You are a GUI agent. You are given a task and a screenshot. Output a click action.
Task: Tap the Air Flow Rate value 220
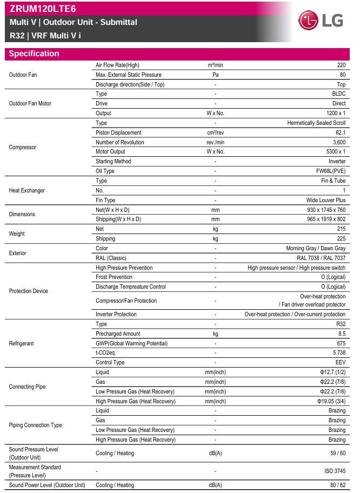pyautogui.click(x=341, y=65)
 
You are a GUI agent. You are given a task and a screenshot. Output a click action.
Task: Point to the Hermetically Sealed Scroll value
pyautogui.click(x=316, y=123)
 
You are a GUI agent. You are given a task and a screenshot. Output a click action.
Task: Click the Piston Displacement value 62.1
pyautogui.click(x=340, y=133)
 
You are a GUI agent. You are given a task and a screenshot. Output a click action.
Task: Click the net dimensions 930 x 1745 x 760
pyautogui.click(x=322, y=210)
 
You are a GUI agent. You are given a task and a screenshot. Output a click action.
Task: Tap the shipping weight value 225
pyautogui.click(x=341, y=239)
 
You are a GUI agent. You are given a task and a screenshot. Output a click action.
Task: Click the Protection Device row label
pyautogui.click(x=29, y=291)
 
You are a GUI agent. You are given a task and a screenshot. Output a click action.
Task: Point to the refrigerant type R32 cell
pyautogui.click(x=340, y=324)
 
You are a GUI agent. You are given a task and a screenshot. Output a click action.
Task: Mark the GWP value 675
pyautogui.click(x=341, y=344)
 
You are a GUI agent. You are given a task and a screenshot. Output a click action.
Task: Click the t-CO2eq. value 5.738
pyautogui.click(x=338, y=353)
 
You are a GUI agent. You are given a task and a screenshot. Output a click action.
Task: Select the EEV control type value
pyautogui.click(x=339, y=363)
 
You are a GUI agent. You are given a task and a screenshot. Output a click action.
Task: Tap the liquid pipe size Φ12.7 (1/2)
pyautogui.click(x=332, y=372)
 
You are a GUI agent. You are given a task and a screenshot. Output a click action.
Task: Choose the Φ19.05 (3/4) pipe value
pyautogui.click(x=331, y=402)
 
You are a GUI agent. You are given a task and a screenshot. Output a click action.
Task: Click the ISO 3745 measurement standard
pyautogui.click(x=335, y=471)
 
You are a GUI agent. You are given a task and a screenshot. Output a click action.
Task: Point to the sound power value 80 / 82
pyautogui.click(x=336, y=485)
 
